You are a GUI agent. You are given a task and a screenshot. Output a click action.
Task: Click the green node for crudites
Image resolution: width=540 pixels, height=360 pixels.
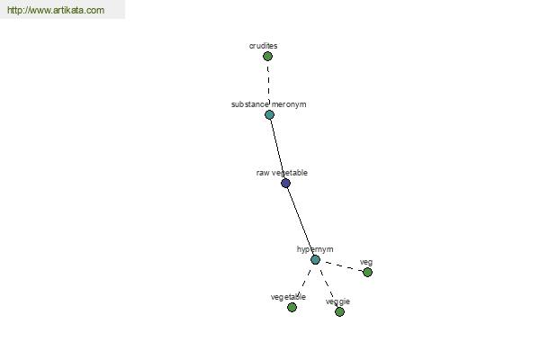pyautogui.click(x=267, y=56)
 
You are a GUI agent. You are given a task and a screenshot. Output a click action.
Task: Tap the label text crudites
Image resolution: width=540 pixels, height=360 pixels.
pyautogui.click(x=263, y=46)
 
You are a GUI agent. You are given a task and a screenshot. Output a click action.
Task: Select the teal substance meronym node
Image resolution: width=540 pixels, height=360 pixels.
pyautogui.click(x=269, y=114)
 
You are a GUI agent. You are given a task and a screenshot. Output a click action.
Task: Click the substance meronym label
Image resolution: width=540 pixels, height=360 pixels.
pyautogui.click(x=268, y=104)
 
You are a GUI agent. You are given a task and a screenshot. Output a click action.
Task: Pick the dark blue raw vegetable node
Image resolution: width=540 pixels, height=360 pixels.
pyautogui.click(x=285, y=183)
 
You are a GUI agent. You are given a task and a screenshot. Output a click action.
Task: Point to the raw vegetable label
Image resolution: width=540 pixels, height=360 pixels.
pyautogui.click(x=282, y=173)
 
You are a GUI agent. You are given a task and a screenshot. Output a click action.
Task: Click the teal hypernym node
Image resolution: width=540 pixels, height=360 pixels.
pyautogui.click(x=315, y=260)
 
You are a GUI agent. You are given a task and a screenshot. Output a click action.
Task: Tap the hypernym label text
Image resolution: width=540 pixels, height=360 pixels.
pyautogui.click(x=315, y=249)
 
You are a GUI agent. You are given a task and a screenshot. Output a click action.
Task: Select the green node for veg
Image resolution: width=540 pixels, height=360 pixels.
pyautogui.click(x=367, y=272)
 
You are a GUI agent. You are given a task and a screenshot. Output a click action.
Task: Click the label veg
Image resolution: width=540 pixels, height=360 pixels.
pyautogui.click(x=366, y=263)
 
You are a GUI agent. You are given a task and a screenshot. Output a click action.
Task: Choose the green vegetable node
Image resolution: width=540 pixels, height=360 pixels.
pyautogui.click(x=292, y=307)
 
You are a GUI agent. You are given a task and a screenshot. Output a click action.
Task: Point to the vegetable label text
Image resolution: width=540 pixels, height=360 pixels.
pyautogui.click(x=288, y=297)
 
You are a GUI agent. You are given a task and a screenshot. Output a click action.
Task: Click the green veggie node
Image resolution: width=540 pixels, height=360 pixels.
pyautogui.click(x=339, y=311)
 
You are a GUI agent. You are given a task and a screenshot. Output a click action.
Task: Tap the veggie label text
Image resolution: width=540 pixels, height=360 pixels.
pyautogui.click(x=337, y=301)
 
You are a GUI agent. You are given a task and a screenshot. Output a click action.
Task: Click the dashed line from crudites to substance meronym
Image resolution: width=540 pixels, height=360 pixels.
pyautogui.click(x=268, y=85)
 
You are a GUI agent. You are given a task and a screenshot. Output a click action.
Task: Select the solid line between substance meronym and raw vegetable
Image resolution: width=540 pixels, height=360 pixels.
pyautogui.click(x=277, y=148)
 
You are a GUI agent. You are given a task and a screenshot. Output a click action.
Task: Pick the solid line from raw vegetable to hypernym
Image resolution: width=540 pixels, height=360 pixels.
pyautogui.click(x=301, y=221)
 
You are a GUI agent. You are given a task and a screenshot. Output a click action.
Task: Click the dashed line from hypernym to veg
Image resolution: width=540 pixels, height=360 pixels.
pyautogui.click(x=341, y=266)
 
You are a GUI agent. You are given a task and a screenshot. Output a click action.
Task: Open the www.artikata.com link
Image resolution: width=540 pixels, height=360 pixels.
pyautogui.click(x=56, y=10)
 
